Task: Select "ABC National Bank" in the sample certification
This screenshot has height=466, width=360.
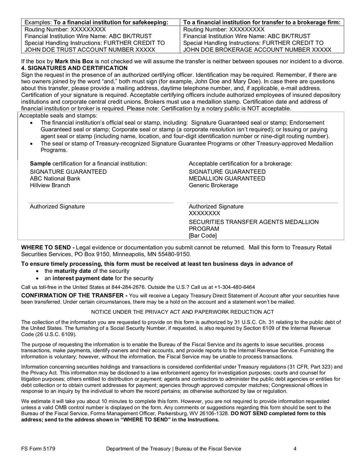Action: (x=55, y=178)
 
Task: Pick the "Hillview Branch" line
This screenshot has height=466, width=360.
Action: (x=50, y=185)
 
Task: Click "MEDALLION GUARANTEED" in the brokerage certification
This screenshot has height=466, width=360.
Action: (x=227, y=178)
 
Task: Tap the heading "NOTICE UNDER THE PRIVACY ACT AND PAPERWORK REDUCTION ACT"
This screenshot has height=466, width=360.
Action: (x=182, y=312)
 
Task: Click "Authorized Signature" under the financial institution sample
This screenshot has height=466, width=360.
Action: (x=57, y=207)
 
